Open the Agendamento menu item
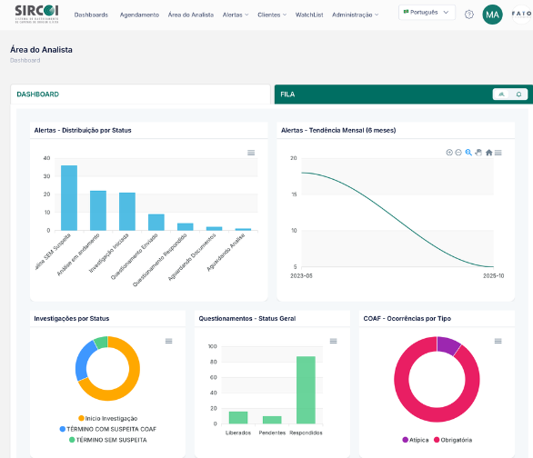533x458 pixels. tap(138, 15)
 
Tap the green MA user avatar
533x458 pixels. tap(492, 15)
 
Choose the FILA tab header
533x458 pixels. tap(287, 94)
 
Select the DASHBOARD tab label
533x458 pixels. tap(37, 94)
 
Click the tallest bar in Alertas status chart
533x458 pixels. tap(69, 197)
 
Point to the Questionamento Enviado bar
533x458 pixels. tap(156, 222)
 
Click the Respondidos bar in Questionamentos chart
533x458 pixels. tap(306, 389)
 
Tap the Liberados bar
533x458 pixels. tap(238, 417)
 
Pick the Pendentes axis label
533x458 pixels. tap(272, 433)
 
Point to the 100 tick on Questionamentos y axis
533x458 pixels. tap(212, 346)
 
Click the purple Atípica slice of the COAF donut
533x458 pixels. tap(448, 344)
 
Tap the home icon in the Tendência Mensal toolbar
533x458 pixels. tap(488, 153)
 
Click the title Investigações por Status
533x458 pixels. tap(71, 318)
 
